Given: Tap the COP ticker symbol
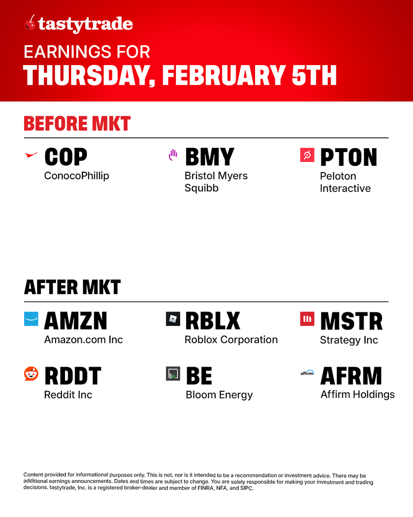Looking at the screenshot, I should pyautogui.click(x=66, y=157).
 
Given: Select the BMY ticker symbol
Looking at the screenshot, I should pyautogui.click(x=210, y=157).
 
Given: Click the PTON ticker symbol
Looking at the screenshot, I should pyautogui.click(x=348, y=157).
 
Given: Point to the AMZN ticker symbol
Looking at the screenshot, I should pyautogui.click(x=75, y=321).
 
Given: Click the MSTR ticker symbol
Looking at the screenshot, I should pyautogui.click(x=351, y=321).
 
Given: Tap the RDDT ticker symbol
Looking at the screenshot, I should pyautogui.click(x=73, y=376).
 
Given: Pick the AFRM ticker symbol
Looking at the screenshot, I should pyautogui.click(x=351, y=376).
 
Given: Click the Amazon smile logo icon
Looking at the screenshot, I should pyautogui.click(x=31, y=319).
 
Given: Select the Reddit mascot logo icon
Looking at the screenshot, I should pyautogui.click(x=31, y=374).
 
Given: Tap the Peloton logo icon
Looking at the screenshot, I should pyautogui.click(x=307, y=155).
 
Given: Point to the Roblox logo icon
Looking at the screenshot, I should pyautogui.click(x=173, y=319).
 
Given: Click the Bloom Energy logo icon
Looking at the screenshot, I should pyautogui.click(x=173, y=374).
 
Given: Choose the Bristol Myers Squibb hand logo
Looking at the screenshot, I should pyautogui.click(x=173, y=155).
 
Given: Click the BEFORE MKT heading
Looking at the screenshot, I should pyautogui.click(x=77, y=124).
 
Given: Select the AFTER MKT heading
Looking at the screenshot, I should pyautogui.click(x=72, y=287).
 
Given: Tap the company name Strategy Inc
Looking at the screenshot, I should pyautogui.click(x=349, y=340).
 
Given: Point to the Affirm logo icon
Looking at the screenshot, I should pyautogui.click(x=307, y=373).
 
